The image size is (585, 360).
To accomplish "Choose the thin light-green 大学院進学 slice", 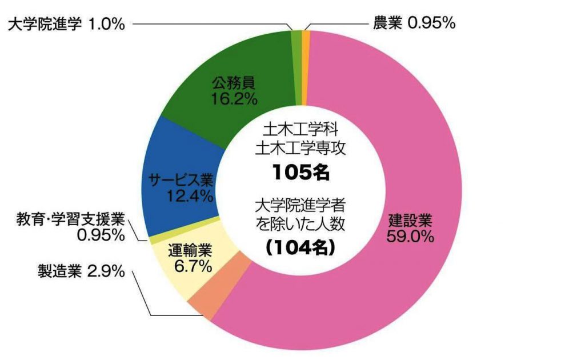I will pyautogui.click(x=296, y=37).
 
